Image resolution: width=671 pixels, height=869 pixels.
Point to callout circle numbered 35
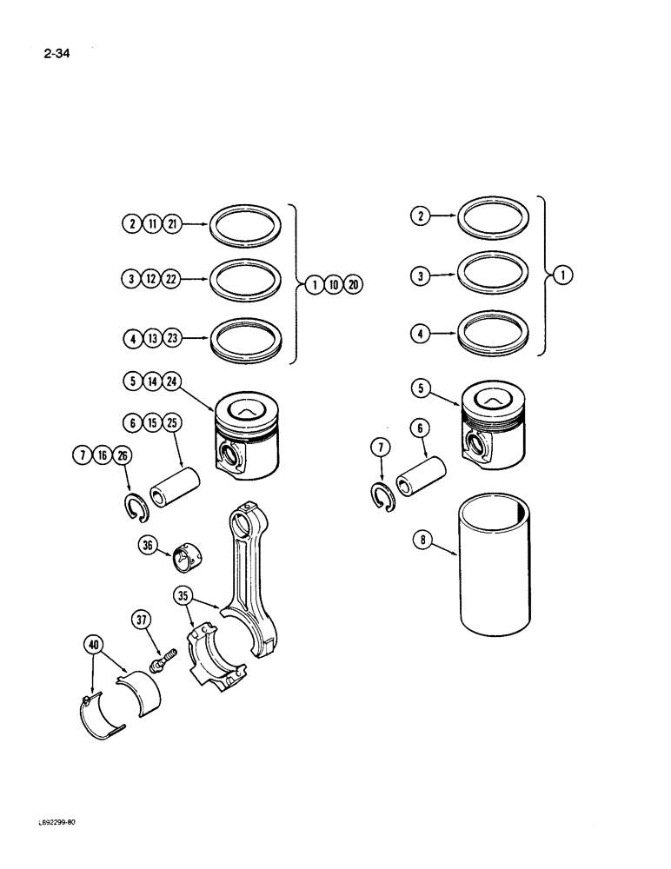coord(183,596)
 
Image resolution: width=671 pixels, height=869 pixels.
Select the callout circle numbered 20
coord(353,284)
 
